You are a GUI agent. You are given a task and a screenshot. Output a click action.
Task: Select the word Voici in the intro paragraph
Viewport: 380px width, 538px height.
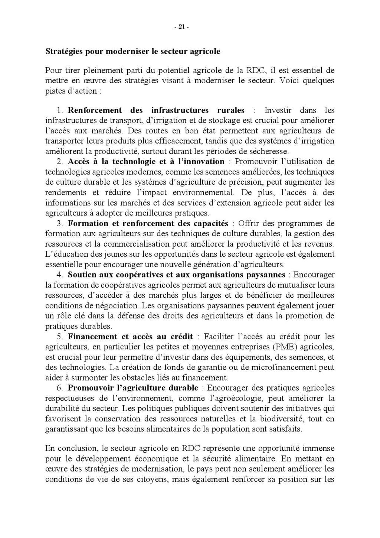pyautogui.click(x=289, y=81)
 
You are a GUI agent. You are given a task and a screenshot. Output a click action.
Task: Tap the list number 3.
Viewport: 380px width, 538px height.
pyautogui.click(x=60, y=224)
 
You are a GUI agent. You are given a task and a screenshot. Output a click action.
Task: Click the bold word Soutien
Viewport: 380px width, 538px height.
pyautogui.click(x=81, y=275)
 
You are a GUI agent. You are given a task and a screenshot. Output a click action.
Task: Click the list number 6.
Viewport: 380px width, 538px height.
pyautogui.click(x=60, y=388)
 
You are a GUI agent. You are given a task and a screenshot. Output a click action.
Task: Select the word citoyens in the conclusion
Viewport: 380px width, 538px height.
pyautogui.click(x=149, y=479)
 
